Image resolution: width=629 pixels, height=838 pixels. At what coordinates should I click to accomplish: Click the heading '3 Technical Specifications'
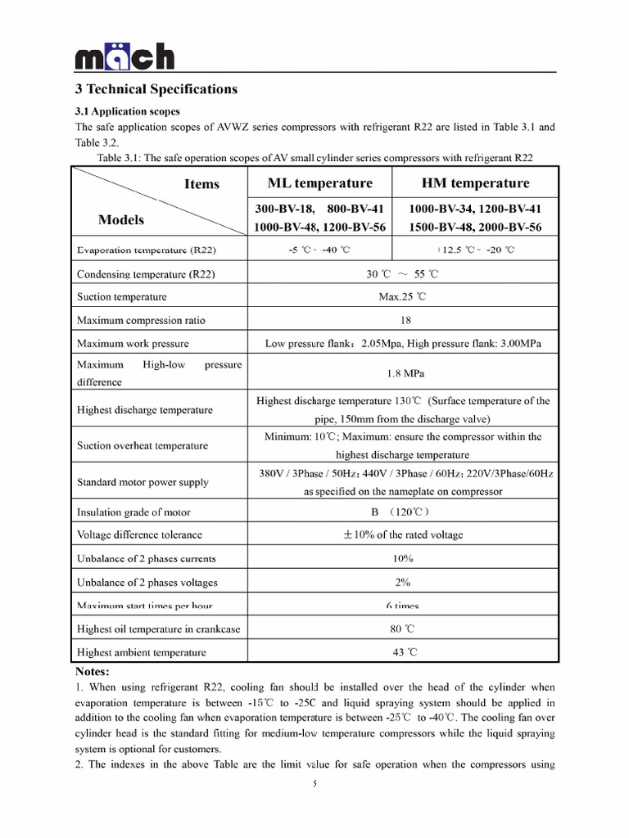[x=156, y=89]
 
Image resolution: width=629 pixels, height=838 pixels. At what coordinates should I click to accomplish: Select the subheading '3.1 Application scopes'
[x=128, y=111]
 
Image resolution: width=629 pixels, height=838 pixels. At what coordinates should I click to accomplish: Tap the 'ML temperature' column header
[x=319, y=183]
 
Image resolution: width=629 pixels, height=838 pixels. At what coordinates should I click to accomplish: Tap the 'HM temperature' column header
[x=475, y=183]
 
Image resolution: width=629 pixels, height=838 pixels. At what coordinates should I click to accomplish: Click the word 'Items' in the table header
[x=201, y=184]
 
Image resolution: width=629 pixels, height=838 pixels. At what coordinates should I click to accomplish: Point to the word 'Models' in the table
[x=121, y=219]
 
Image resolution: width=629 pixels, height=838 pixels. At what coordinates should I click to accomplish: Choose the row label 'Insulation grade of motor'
[x=133, y=512]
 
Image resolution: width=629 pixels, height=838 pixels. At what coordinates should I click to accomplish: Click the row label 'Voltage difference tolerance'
[x=139, y=535]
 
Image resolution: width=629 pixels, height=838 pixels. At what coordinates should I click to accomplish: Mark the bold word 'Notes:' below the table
[x=92, y=671]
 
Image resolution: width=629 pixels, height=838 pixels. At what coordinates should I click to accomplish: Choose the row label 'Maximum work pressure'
[x=133, y=344]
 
